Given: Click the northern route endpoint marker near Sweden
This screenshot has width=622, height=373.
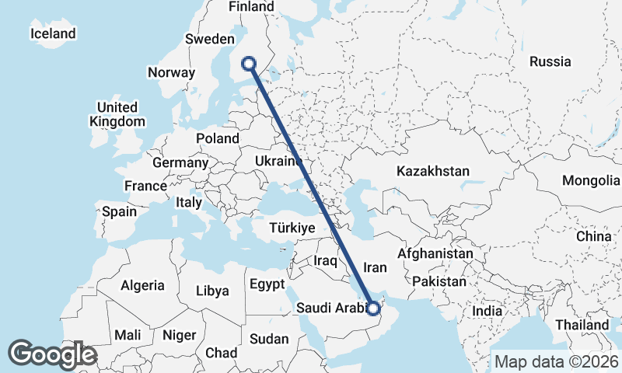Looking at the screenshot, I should pyautogui.click(x=250, y=64).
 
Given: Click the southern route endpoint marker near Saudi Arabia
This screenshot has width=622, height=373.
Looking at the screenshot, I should pyautogui.click(x=373, y=309).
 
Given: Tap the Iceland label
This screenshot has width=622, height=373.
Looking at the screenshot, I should pyautogui.click(x=53, y=33).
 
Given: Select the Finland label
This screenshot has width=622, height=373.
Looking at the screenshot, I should pyautogui.click(x=251, y=7).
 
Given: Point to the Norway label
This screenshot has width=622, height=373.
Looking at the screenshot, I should pyautogui.click(x=170, y=72).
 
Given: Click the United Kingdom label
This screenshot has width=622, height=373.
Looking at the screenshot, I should pyautogui.click(x=117, y=114).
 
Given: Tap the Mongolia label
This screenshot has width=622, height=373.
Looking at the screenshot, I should pyautogui.click(x=591, y=181).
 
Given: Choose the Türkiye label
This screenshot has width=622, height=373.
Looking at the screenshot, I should pyautogui.click(x=291, y=228).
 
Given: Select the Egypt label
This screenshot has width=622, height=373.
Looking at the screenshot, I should pyautogui.click(x=267, y=284).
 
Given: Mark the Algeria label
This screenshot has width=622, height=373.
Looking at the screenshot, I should pyautogui.click(x=142, y=285).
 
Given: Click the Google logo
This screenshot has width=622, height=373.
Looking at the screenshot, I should pyautogui.click(x=52, y=354).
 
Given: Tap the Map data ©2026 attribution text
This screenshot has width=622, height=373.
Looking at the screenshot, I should pyautogui.click(x=556, y=361).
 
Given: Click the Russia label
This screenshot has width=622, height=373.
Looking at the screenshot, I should pyautogui.click(x=550, y=61).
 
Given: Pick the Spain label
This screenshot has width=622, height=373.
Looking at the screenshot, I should pyautogui.click(x=119, y=211).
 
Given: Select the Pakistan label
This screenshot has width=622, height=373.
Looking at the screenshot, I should pyautogui.click(x=439, y=281).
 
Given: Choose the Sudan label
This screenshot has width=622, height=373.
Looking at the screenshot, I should pyautogui.click(x=269, y=339).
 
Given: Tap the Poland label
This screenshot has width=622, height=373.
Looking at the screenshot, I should pyautogui.click(x=218, y=138).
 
